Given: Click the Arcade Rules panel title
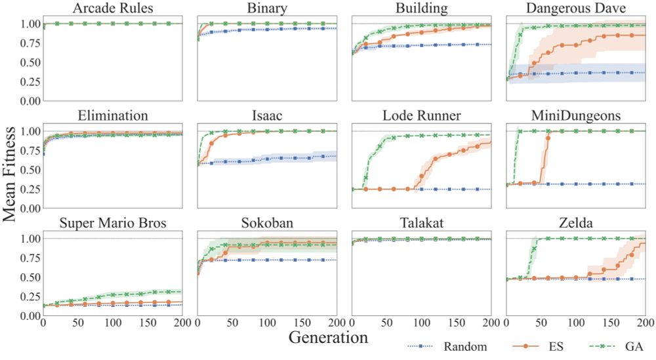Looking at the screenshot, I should pos(112,9).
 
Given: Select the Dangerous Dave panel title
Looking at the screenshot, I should pos(576,9).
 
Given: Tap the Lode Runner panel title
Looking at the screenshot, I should pos(421,117).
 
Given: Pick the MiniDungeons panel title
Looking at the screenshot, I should pos(576,117).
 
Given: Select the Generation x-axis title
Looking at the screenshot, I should pos(327,338).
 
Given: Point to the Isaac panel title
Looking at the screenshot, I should pos(267,117).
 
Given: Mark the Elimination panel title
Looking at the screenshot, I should pos(112,117).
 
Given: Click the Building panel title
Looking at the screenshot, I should pos(421,9).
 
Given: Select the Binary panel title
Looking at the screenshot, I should pos(267,9).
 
